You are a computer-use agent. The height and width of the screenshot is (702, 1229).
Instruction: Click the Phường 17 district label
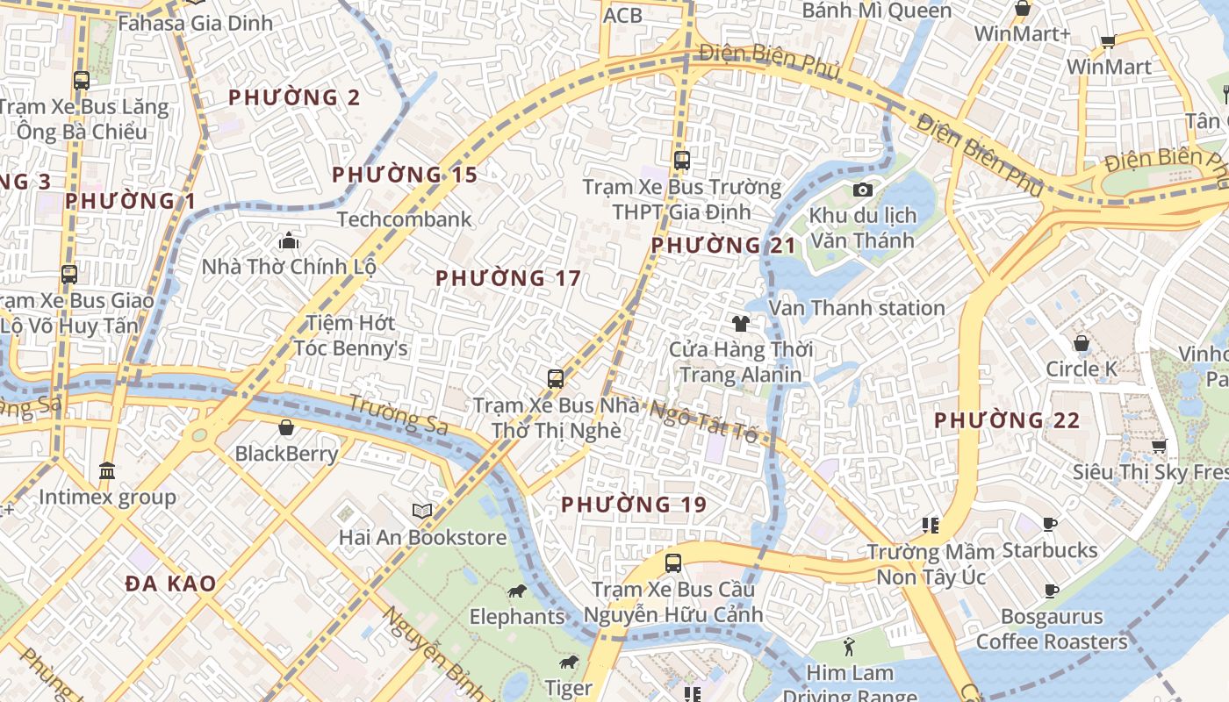pyautogui.click(x=508, y=278)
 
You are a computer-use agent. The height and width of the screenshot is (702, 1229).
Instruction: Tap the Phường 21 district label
pyautogui.click(x=723, y=246)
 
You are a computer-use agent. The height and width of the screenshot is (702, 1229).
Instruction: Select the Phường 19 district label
pyautogui.click(x=634, y=505)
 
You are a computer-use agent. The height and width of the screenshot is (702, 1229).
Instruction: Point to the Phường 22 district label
pyautogui.click(x=1007, y=420)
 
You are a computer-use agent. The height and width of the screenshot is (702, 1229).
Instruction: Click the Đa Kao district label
pyautogui.click(x=170, y=584)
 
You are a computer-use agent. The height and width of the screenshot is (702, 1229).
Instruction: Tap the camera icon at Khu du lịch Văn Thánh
pyautogui.click(x=863, y=190)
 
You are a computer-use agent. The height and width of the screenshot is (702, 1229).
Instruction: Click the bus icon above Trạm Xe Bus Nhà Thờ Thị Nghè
pyautogui.click(x=556, y=379)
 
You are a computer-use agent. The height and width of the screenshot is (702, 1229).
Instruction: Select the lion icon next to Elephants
pyautogui.click(x=518, y=592)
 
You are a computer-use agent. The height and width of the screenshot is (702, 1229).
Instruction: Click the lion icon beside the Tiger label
pyautogui.click(x=569, y=663)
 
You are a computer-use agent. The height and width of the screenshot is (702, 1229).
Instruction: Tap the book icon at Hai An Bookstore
pyautogui.click(x=422, y=511)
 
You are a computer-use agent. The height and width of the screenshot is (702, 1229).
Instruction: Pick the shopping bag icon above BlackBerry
pyautogui.click(x=286, y=427)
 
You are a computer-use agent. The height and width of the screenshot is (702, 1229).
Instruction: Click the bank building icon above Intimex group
pyautogui.click(x=107, y=471)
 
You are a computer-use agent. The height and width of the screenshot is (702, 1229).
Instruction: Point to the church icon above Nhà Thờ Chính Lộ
pyautogui.click(x=288, y=240)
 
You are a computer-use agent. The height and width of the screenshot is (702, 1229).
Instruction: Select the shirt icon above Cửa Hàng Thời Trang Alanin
pyautogui.click(x=741, y=324)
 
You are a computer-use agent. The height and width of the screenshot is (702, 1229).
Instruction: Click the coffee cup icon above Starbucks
pyautogui.click(x=1049, y=525)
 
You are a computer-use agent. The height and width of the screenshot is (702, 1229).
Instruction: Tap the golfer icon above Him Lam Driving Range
pyautogui.click(x=848, y=648)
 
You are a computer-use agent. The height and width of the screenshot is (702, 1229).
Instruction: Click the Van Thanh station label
pyautogui.click(x=857, y=308)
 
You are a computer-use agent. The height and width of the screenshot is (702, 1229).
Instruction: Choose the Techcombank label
pyautogui.click(x=405, y=219)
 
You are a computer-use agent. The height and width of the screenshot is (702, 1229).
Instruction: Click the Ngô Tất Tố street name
pyautogui.click(x=704, y=420)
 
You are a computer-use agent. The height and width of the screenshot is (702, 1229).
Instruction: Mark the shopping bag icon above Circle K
pyautogui.click(x=1082, y=343)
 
